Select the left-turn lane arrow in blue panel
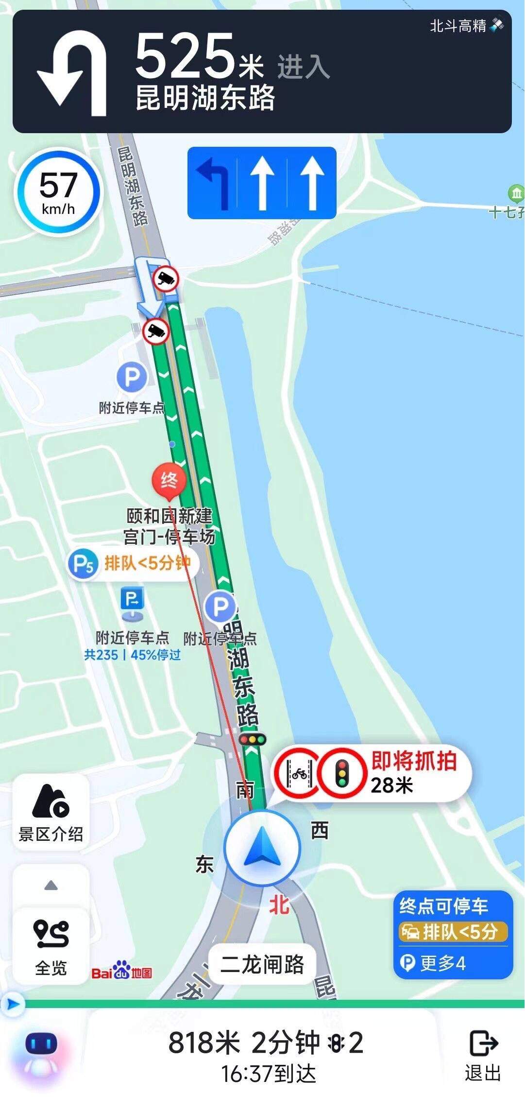213,183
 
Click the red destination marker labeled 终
169,481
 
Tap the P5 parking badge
83,564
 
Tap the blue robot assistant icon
41,1050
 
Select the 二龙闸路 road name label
262,964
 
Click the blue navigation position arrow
262,847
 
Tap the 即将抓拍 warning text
414,761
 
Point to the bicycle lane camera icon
298,773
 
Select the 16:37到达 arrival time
268,1074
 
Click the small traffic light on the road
253,740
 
